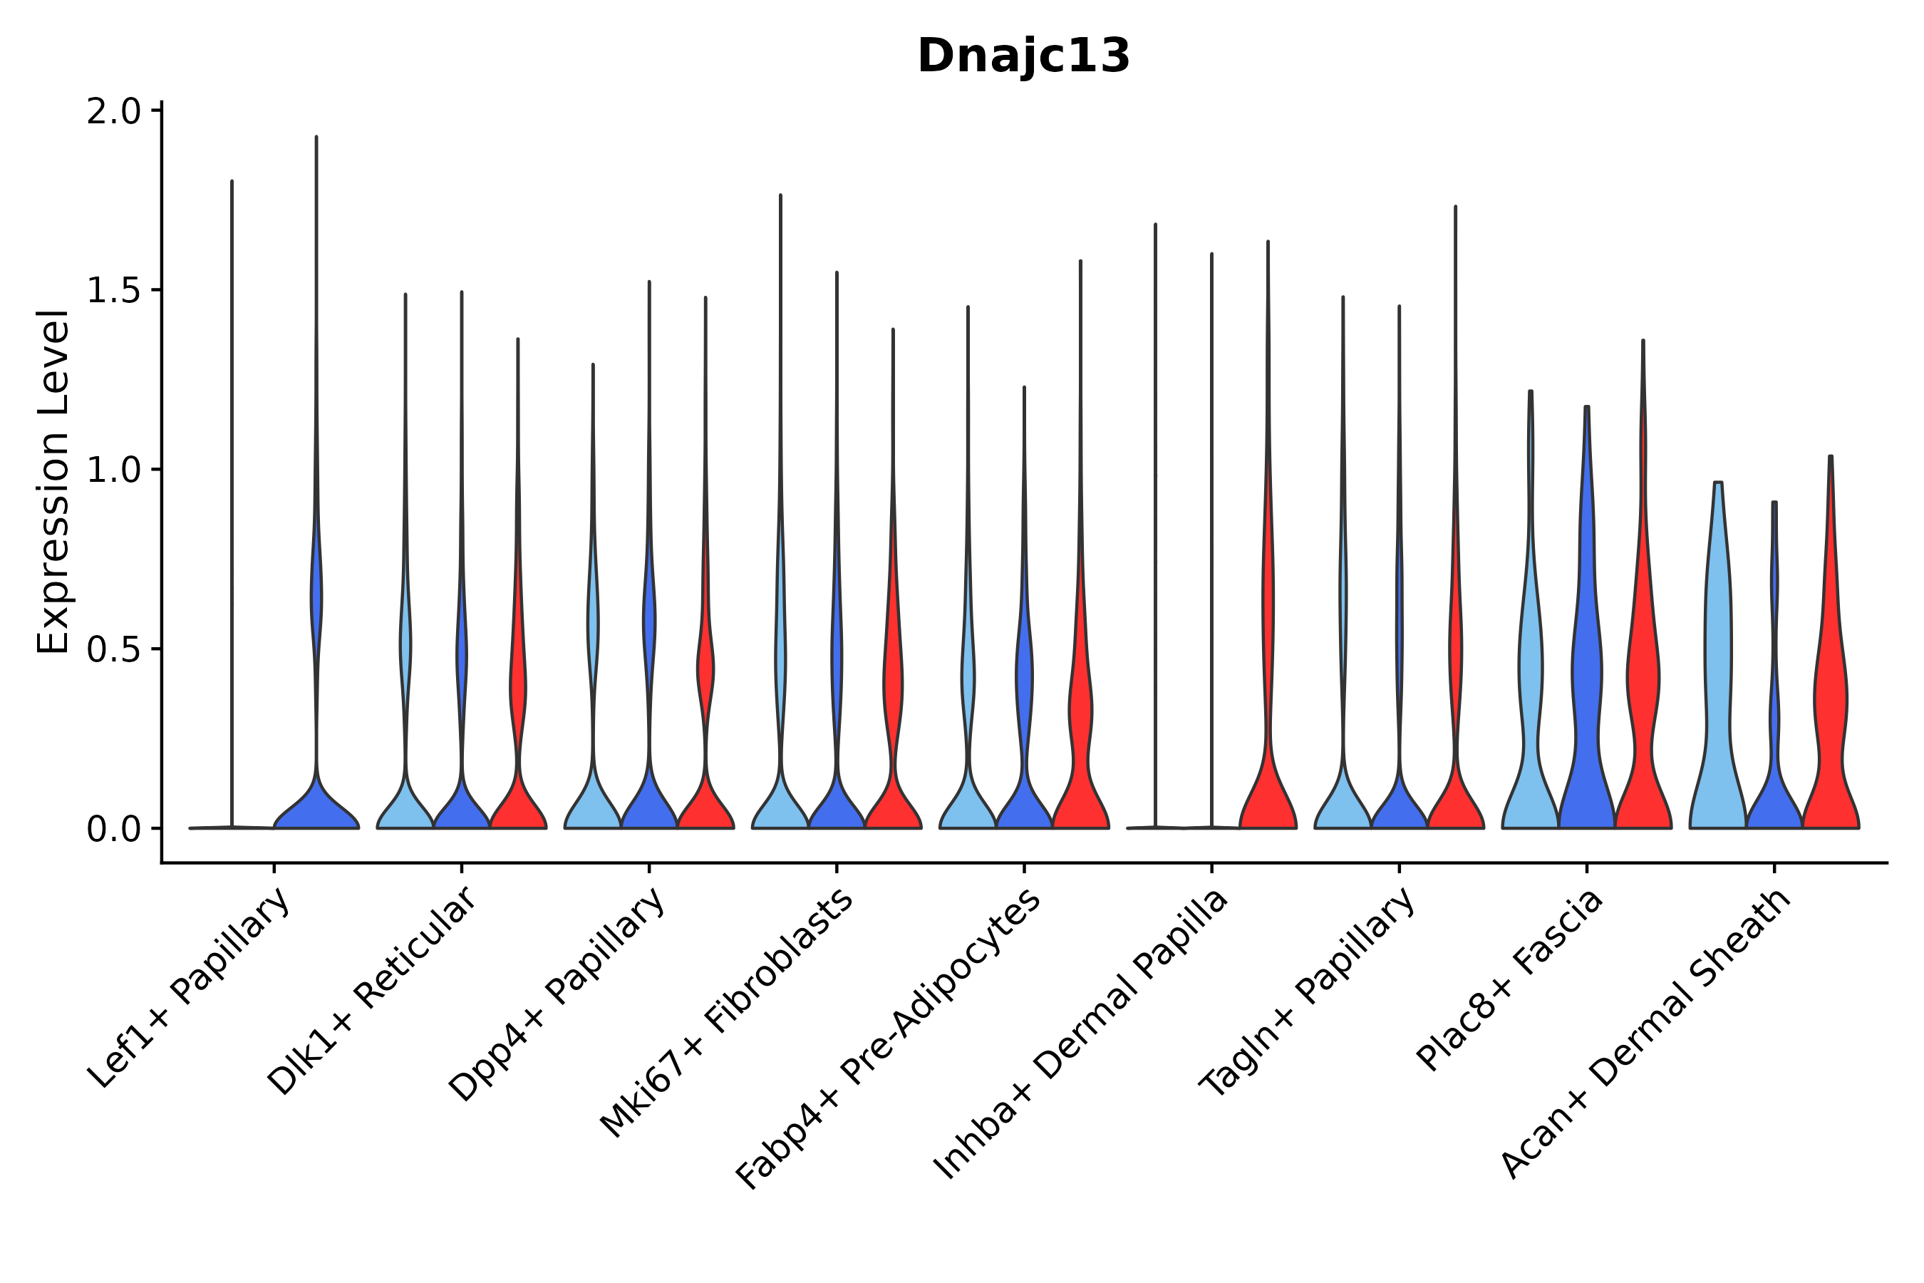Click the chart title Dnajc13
[1023, 56]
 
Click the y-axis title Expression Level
[54, 481]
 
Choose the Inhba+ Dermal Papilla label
[1080, 1034]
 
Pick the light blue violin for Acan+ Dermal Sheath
[1718, 696]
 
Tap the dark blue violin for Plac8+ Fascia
[1586, 696]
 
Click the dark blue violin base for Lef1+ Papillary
[316, 810]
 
